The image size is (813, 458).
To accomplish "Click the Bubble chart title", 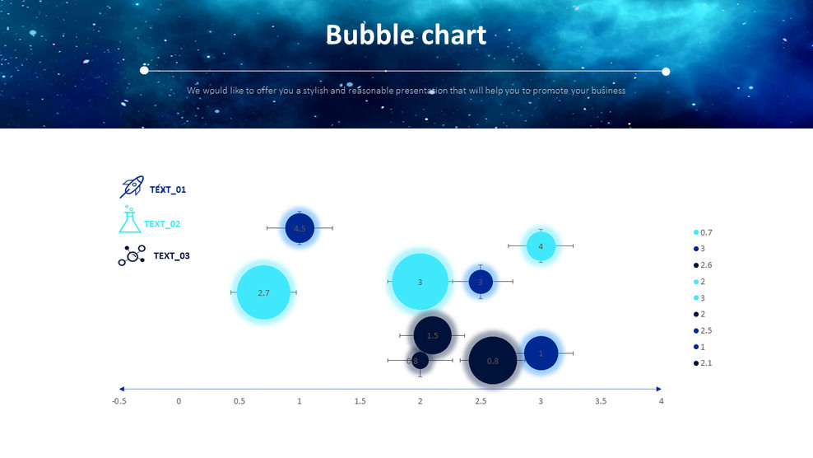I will [406, 35].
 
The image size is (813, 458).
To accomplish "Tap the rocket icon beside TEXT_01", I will [132, 188].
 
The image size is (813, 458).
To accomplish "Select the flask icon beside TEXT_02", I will [129, 220].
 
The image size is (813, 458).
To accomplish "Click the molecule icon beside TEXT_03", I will [132, 255].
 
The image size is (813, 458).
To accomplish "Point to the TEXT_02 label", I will [162, 224].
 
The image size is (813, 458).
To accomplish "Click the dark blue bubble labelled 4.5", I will [300, 228].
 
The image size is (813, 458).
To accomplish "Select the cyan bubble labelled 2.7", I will [263, 292].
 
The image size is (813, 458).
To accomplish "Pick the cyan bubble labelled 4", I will [541, 245].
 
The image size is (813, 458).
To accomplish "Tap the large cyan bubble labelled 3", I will [420, 282].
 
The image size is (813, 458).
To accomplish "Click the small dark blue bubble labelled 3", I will [481, 282].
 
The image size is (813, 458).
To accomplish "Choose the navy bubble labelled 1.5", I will [432, 335].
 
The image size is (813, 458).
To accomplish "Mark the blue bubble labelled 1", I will [541, 353].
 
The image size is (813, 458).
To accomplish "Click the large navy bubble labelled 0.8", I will [492, 361].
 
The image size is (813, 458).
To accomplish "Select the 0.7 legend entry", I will [703, 232].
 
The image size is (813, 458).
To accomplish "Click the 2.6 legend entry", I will [703, 265].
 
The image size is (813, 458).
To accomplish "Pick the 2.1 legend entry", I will [703, 363].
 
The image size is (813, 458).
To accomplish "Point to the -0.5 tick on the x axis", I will [119, 401].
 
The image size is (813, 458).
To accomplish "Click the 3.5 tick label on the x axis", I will [601, 401].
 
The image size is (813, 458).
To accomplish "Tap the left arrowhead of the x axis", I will [122, 389].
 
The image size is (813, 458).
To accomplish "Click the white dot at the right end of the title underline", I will [666, 72].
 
